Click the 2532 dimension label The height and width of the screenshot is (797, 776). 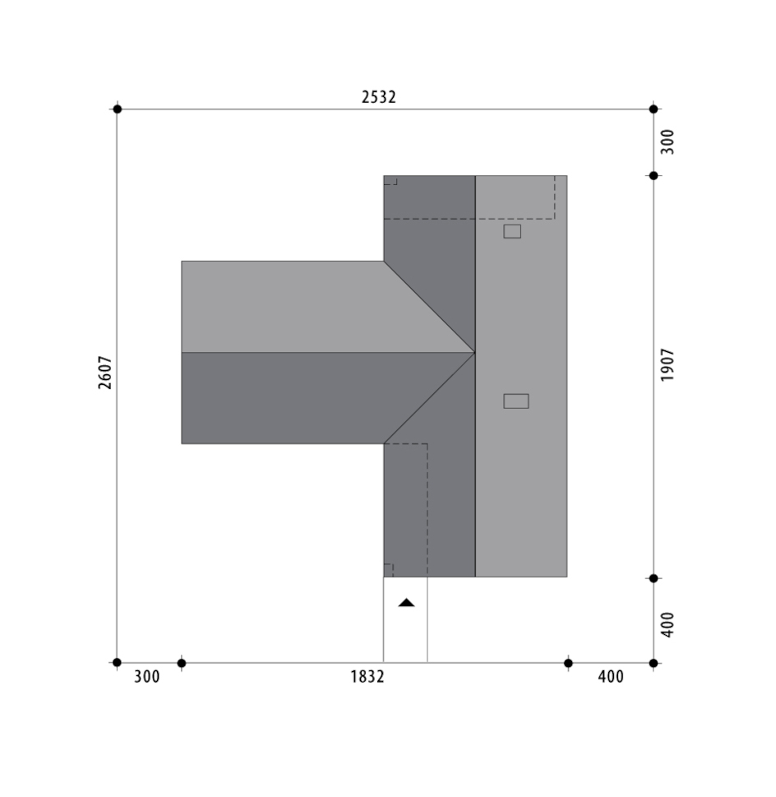378,96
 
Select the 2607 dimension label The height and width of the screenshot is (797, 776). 104,373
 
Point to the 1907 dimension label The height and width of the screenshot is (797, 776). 667,365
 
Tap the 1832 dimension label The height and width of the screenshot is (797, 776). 367,677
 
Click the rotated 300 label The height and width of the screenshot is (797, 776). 667,141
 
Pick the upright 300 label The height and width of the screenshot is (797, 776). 147,677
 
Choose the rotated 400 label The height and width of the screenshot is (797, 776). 667,625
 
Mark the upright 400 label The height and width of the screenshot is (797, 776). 611,677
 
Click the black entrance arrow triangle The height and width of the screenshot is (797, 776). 406,602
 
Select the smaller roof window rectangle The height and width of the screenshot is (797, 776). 512,231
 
